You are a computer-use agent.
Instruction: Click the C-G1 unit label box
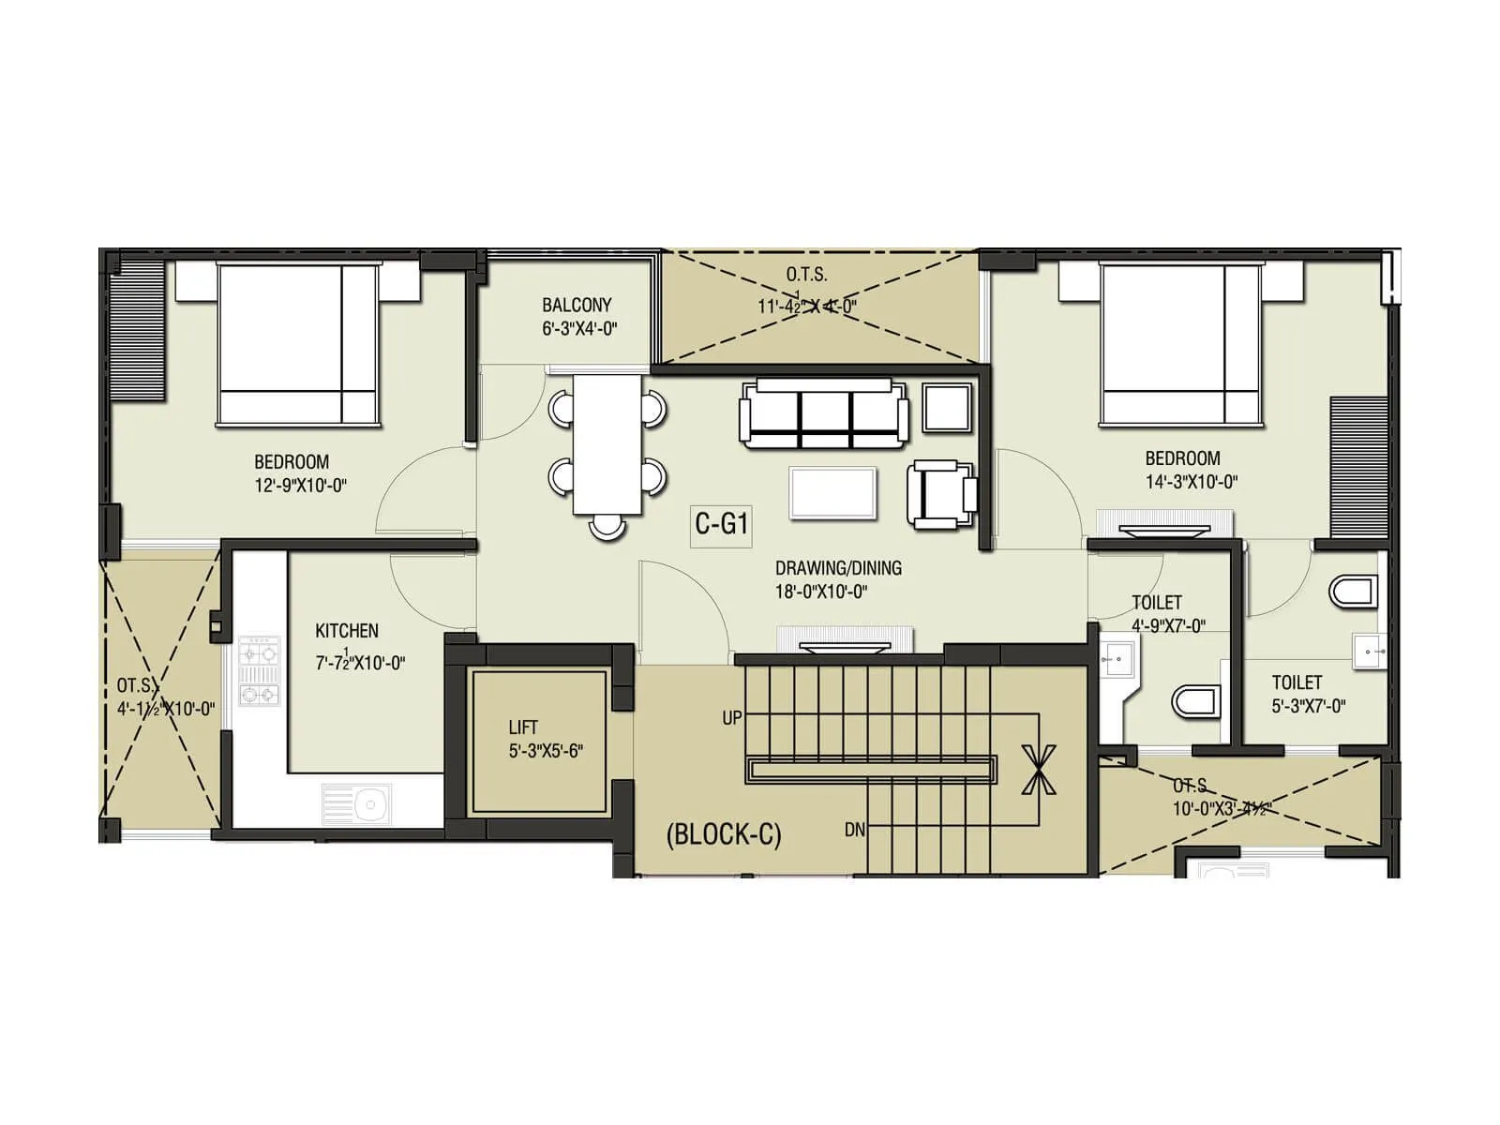[721, 523]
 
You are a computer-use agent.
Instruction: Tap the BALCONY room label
[577, 305]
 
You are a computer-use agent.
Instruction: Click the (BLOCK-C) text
[723, 834]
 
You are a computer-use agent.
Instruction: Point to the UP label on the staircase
[732, 718]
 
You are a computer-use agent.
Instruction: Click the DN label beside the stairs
[854, 830]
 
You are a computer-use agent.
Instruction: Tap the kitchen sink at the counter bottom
[357, 804]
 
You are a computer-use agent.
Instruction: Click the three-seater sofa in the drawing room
[824, 413]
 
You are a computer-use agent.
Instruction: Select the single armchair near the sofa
[941, 493]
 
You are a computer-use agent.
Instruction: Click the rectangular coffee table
[833, 493]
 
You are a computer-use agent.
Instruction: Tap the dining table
[608, 444]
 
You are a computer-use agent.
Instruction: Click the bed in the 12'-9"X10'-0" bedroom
[298, 344]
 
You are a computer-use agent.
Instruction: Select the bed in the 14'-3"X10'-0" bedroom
[1181, 344]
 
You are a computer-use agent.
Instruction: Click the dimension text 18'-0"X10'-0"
[822, 592]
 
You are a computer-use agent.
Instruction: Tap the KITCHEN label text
[347, 631]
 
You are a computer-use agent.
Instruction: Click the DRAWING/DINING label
[838, 568]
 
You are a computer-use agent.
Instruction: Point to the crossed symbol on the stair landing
[1038, 769]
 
